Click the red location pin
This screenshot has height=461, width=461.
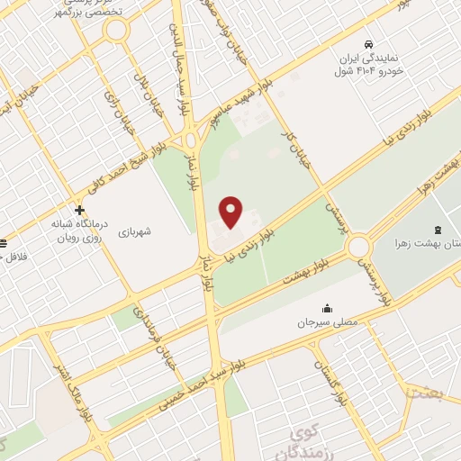(232, 212)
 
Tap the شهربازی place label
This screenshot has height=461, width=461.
(134, 231)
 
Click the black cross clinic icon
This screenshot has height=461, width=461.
(80, 210)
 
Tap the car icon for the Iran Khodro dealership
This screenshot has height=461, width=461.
(367, 44)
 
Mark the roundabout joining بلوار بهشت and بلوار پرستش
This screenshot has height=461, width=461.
(358, 245)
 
